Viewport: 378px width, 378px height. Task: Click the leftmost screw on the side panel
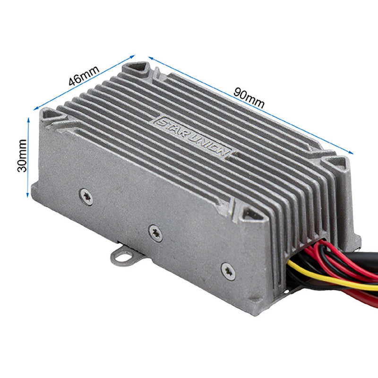86,196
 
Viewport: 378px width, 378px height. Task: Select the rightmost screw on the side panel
228,270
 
